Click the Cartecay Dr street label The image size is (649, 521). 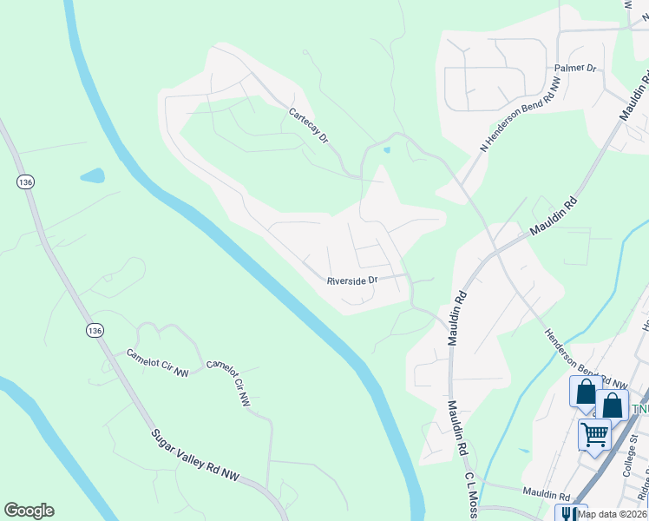click(x=310, y=125)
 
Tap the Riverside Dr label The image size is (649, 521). click(x=352, y=280)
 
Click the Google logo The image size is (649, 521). click(x=29, y=511)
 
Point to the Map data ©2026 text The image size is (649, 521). click(x=612, y=514)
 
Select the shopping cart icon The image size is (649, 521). click(x=595, y=432)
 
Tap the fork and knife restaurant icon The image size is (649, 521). click(x=571, y=514)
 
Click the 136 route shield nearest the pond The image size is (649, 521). click(x=23, y=181)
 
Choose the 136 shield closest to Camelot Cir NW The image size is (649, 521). click(x=95, y=330)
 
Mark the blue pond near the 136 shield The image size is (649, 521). click(x=92, y=175)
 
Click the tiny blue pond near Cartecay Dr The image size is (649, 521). click(x=386, y=149)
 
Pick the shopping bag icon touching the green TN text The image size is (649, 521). click(x=612, y=405)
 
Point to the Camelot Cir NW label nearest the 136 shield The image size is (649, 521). click(x=158, y=363)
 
